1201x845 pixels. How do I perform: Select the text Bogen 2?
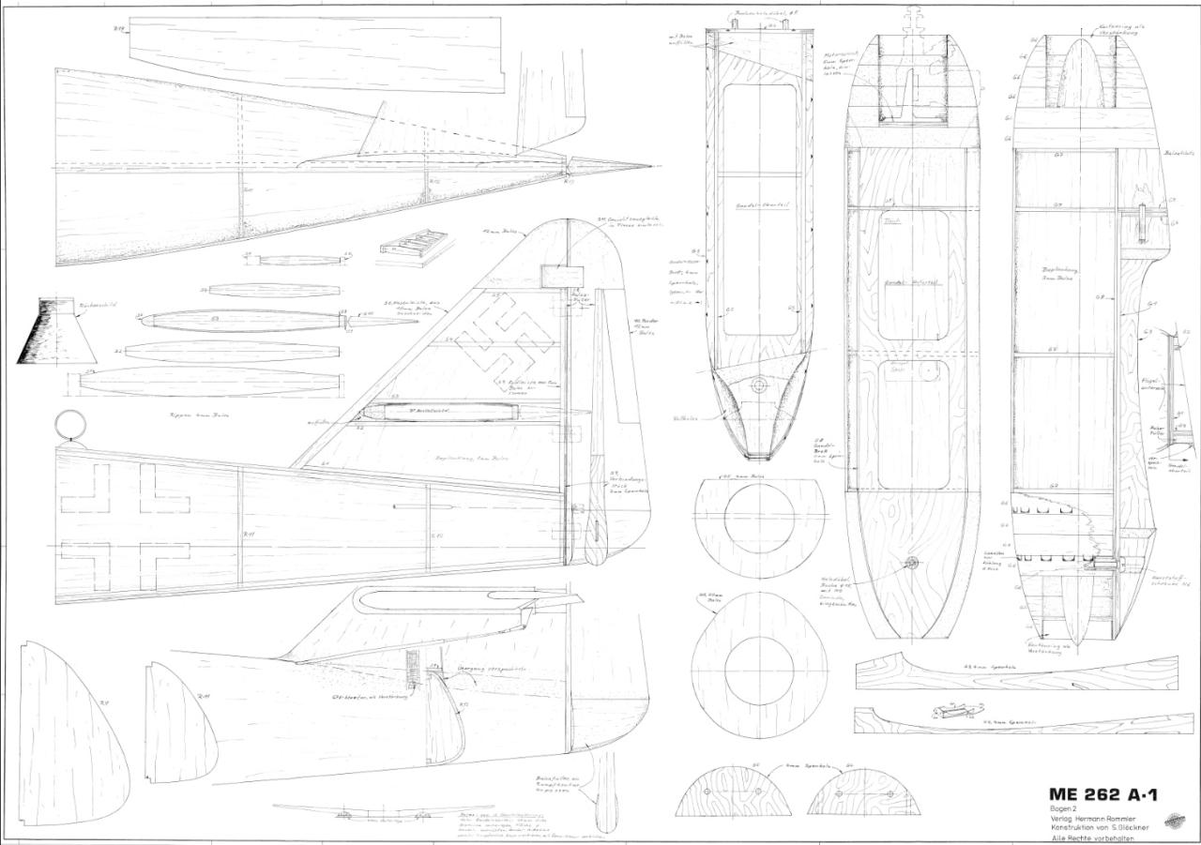click(x=1064, y=808)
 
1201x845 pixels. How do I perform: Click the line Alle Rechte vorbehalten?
click(x=1091, y=838)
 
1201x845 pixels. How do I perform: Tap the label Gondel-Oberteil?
click(x=759, y=204)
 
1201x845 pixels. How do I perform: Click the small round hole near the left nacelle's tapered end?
click(x=759, y=385)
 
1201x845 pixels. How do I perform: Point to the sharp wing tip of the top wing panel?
click(x=650, y=167)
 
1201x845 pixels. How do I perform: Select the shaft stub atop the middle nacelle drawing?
click(x=909, y=21)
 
